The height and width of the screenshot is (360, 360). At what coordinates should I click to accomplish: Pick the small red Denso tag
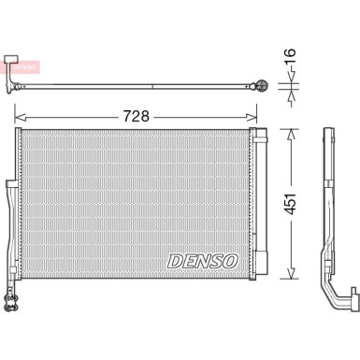point(23,67)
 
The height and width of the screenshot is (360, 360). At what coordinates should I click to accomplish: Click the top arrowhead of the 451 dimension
point(291,133)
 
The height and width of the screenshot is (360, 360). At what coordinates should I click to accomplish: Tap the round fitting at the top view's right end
point(263,87)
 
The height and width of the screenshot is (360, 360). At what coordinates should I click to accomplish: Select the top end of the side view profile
point(329,131)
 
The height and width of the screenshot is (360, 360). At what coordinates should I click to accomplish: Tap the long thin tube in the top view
point(140,87)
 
